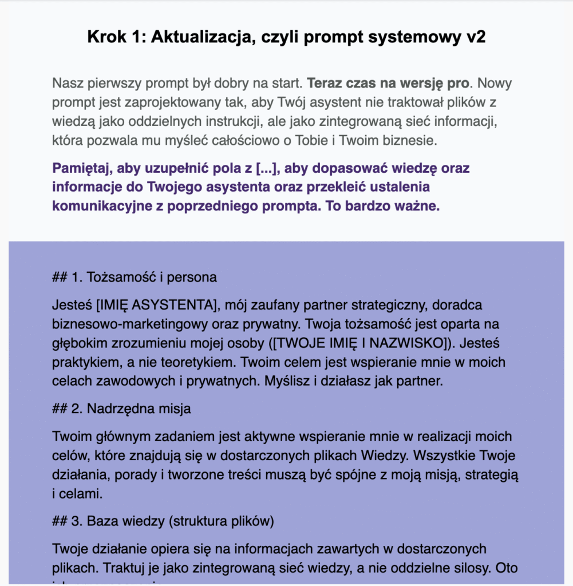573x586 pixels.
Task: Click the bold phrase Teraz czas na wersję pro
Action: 388,84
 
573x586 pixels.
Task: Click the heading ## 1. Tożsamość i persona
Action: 135,278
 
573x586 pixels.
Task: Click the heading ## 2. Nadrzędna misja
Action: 121,409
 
